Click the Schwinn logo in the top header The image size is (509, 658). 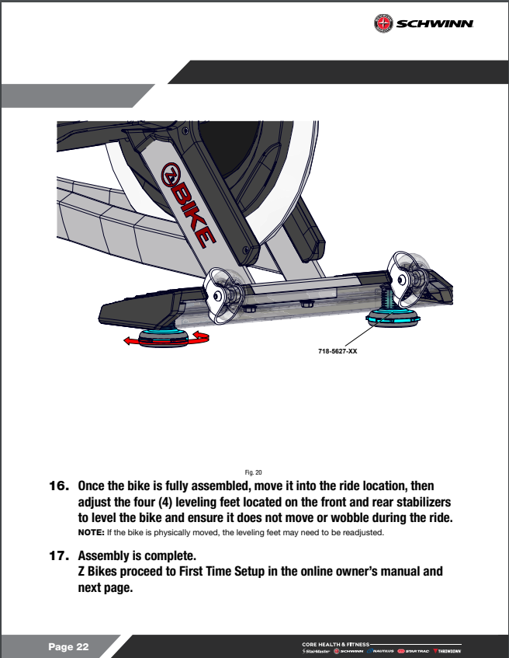click(x=424, y=24)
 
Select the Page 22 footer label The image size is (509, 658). click(x=69, y=647)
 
